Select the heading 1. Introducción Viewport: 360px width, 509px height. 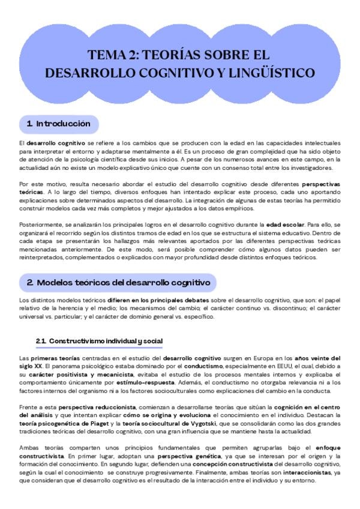(59, 124)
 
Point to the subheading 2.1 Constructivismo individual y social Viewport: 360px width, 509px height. (99, 342)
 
